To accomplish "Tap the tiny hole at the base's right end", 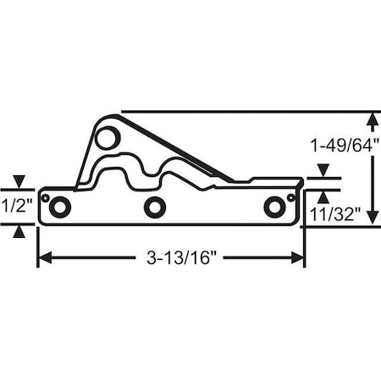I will click(290, 198).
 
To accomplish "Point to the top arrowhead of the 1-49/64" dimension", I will click(373, 119).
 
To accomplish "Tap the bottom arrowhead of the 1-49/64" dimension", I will click(373, 218).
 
